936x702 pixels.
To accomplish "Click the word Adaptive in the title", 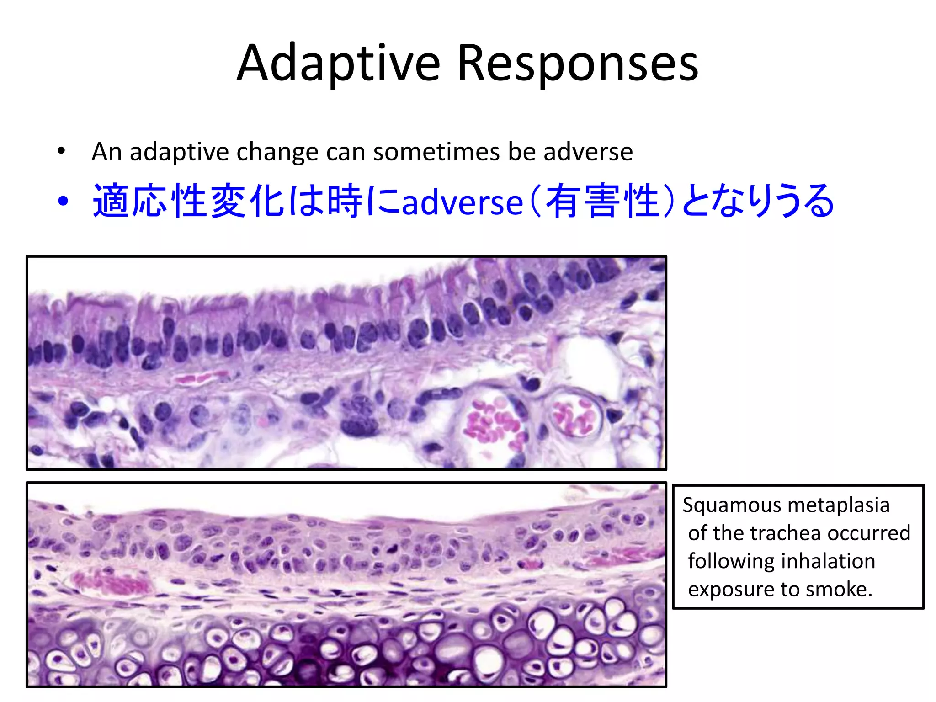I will (338, 64).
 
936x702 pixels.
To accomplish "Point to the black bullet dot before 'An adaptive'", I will (61, 151).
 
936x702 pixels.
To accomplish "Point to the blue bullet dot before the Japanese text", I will (63, 201).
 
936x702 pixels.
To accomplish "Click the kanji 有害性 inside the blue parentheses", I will (602, 201).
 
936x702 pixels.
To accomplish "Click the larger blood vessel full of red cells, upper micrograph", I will (494, 423).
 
